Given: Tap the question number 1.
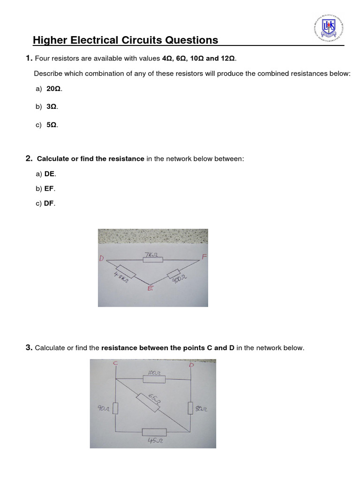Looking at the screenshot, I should click(x=29, y=58).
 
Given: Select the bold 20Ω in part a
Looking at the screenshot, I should click(x=53, y=89).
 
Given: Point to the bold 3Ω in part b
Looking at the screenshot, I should click(x=52, y=106).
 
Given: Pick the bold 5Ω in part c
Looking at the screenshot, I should click(x=52, y=125).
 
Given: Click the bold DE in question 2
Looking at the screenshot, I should click(x=50, y=174).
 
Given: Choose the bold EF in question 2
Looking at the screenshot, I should click(x=49, y=188).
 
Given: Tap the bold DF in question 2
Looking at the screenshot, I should click(x=49, y=203).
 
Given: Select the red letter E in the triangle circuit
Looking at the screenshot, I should click(x=150, y=289).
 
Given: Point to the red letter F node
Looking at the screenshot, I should click(x=204, y=257).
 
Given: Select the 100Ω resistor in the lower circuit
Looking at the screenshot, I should click(x=153, y=379).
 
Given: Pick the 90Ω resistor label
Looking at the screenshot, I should click(x=103, y=409).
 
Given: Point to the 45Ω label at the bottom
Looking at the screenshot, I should click(x=154, y=441).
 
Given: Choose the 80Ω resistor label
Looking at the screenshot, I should click(x=201, y=409).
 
